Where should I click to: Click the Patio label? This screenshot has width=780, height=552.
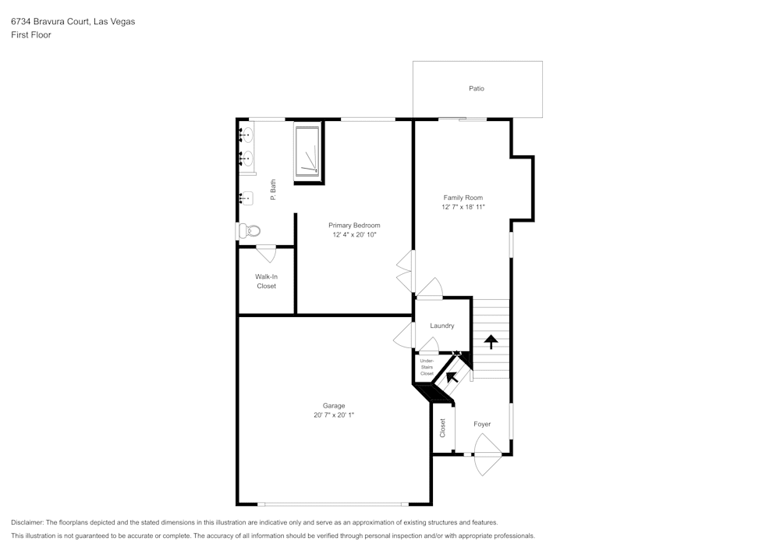point(477,88)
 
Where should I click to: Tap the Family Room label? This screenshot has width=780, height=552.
point(463,198)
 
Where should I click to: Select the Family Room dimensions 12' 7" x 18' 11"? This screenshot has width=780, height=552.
point(463,208)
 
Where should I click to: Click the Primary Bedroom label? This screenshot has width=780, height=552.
point(354,225)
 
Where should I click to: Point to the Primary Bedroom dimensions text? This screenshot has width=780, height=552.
point(354,235)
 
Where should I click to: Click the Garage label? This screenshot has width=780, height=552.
point(334,405)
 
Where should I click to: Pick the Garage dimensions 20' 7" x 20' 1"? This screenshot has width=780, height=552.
point(334,415)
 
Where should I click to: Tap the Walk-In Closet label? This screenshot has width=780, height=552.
point(267,281)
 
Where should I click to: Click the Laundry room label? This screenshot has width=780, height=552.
point(442,326)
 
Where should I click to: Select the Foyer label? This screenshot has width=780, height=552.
point(482,424)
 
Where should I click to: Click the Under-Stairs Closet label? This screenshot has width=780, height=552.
point(427,367)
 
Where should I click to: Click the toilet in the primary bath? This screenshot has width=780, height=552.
point(249,230)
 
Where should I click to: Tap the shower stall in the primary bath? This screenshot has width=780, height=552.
point(307,152)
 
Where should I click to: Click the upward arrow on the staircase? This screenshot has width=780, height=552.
point(491,341)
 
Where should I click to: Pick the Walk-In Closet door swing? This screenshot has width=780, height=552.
point(265,253)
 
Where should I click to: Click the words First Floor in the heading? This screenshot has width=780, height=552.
point(31,35)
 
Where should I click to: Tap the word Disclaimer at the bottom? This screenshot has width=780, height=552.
point(27,522)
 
